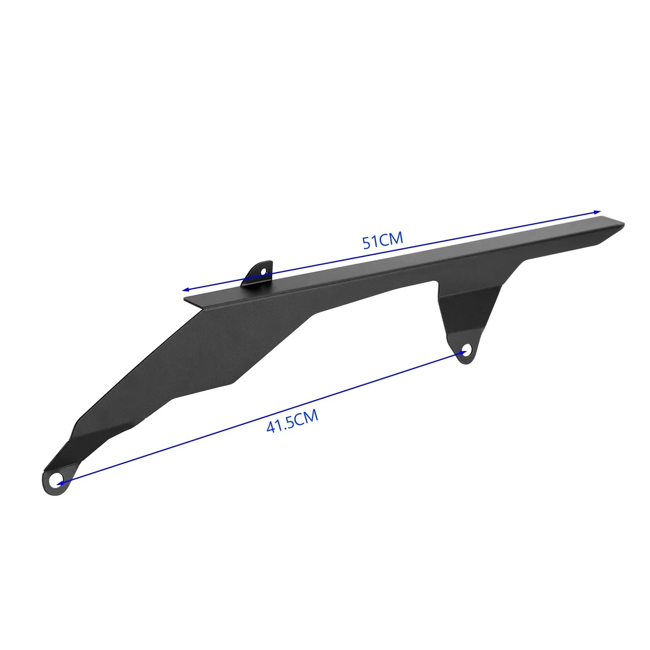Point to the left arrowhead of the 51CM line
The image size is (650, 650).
pos(185,290)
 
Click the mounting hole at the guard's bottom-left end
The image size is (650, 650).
pos(55,481)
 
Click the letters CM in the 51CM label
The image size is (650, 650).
pos(392,238)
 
